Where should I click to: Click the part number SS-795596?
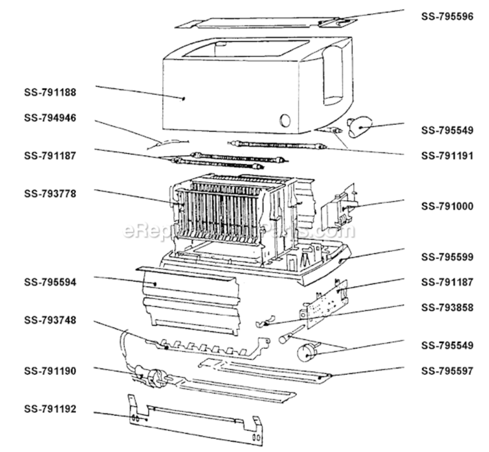[x=447, y=16]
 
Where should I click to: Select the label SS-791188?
[x=50, y=92]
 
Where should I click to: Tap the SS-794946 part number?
[x=50, y=118]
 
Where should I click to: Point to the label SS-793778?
[x=50, y=193]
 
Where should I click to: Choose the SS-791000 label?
[x=447, y=206]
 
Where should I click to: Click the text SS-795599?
[x=447, y=257]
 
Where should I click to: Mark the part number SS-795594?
[x=50, y=282]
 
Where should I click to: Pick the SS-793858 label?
[x=447, y=307]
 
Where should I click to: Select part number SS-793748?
[x=50, y=320]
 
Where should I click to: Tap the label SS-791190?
[x=50, y=371]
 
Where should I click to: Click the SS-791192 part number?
[x=50, y=409]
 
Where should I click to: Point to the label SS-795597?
[x=447, y=371]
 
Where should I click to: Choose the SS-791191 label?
[x=447, y=155]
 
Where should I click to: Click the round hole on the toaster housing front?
[x=285, y=120]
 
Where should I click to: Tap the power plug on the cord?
[x=156, y=378]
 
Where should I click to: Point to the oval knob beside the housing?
[x=360, y=127]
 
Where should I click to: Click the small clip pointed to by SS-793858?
[x=264, y=321]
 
